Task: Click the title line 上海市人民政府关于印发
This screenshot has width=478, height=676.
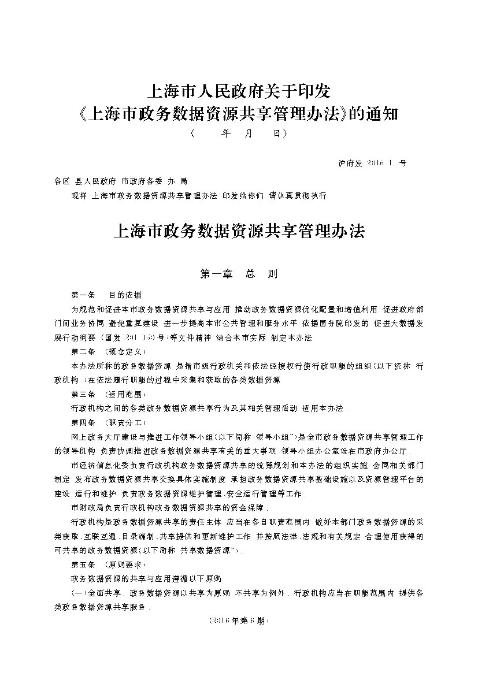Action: coord(239,91)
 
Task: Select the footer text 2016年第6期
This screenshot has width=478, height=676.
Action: coord(239,620)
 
